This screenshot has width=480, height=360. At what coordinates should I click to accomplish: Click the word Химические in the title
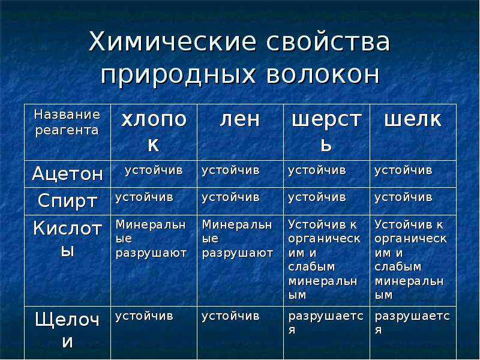coord(172,41)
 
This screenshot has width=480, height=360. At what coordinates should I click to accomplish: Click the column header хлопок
coord(154,131)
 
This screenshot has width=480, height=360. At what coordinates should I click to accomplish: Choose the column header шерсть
coord(326,131)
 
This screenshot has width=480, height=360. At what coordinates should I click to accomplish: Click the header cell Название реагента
coord(67,122)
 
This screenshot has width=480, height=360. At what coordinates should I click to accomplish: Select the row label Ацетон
coord(67,173)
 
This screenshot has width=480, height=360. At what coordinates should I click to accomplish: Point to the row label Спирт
coord(67,201)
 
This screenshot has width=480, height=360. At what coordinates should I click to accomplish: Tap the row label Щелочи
coord(67,330)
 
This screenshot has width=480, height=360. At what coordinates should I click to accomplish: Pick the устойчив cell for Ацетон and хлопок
coord(154,170)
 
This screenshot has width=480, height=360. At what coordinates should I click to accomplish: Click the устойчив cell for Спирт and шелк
coord(403,197)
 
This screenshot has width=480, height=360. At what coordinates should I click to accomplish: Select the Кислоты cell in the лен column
coord(237,239)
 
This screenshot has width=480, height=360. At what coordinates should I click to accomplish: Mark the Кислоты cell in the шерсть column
coord(325,260)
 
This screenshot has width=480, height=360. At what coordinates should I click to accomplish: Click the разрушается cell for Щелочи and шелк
coord(412,323)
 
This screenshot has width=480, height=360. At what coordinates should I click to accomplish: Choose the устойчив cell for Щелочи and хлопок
coord(144,316)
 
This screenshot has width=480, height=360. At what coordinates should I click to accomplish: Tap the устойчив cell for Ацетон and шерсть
coord(317,170)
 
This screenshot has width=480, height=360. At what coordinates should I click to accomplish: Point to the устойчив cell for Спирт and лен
coord(230,197)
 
